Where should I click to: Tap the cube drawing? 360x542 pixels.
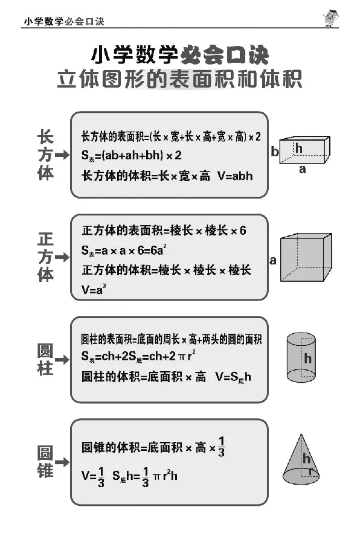coord(306,257)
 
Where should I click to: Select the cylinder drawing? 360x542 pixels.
coord(301,357)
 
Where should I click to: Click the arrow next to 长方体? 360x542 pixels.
coord(62,155)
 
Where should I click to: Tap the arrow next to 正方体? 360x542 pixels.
coord(62,258)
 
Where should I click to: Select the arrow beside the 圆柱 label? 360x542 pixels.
coord(62,359)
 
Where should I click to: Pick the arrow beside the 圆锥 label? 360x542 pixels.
coord(62,462)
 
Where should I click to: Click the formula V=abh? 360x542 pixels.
coord(234,176)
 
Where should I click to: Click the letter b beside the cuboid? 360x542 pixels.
coord(275,152)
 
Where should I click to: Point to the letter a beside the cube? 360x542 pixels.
coord(273,261)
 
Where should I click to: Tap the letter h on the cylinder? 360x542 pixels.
coord(307,359)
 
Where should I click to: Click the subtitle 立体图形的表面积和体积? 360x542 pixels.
coord(179,80)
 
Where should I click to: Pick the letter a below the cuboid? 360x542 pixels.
coord(303,170)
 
